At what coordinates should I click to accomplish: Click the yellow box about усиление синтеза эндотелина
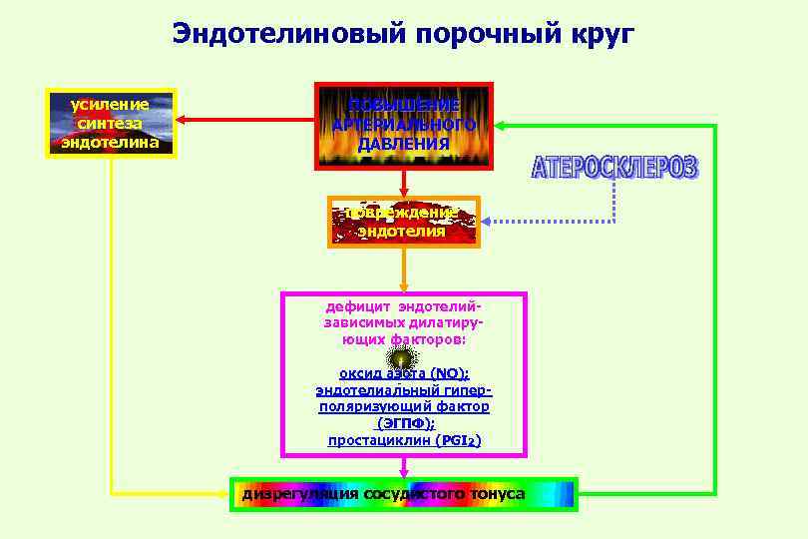click(112, 123)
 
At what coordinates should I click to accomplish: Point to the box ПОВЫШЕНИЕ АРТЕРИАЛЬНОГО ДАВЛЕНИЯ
click(403, 125)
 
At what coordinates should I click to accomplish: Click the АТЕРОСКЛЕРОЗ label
click(614, 168)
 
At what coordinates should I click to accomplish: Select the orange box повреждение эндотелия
click(404, 222)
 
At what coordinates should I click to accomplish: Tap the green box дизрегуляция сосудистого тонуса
click(404, 494)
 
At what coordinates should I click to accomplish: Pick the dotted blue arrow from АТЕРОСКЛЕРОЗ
click(519, 222)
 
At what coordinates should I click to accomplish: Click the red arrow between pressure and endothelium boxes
click(403, 182)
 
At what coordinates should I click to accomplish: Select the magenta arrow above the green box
click(404, 466)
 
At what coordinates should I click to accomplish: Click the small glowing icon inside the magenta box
click(402, 358)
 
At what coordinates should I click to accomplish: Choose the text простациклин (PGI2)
click(404, 440)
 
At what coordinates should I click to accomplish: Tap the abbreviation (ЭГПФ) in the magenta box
click(404, 423)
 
